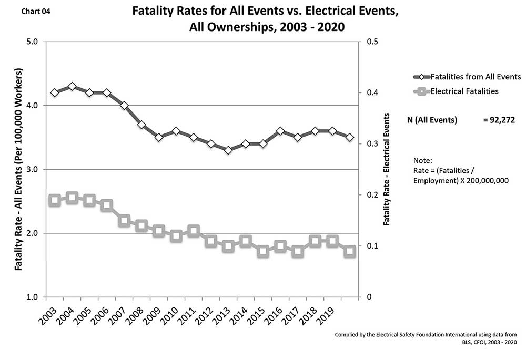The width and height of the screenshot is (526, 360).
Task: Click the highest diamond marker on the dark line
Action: [72, 86]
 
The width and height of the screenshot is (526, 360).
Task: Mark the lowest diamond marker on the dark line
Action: [228, 150]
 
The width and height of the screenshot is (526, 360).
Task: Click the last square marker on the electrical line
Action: [349, 252]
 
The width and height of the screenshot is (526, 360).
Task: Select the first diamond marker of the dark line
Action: [55, 92]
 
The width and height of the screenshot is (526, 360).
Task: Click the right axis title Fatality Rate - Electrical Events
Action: [387, 169]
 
